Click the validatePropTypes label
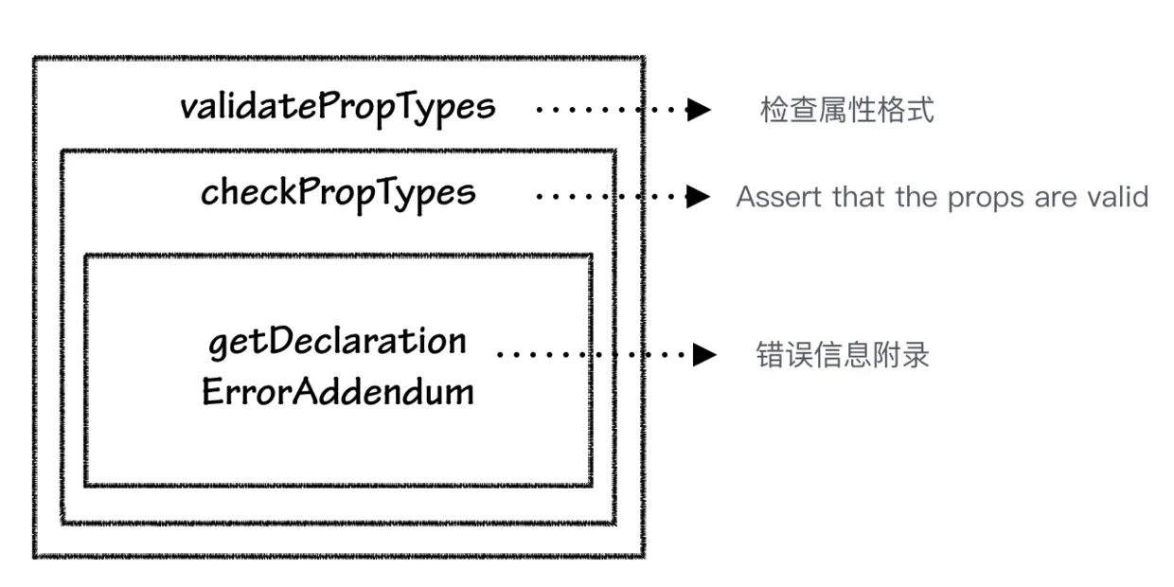click(337, 107)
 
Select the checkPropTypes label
click(338, 193)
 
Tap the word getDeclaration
click(337, 341)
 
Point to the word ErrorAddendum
click(338, 391)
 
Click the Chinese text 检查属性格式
click(846, 110)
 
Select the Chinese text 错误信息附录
click(843, 355)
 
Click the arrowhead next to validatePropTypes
click(699, 110)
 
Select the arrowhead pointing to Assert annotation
click(699, 197)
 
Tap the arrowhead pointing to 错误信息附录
click(703, 355)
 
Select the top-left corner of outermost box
click(35, 60)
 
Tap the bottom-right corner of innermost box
click(591, 485)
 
